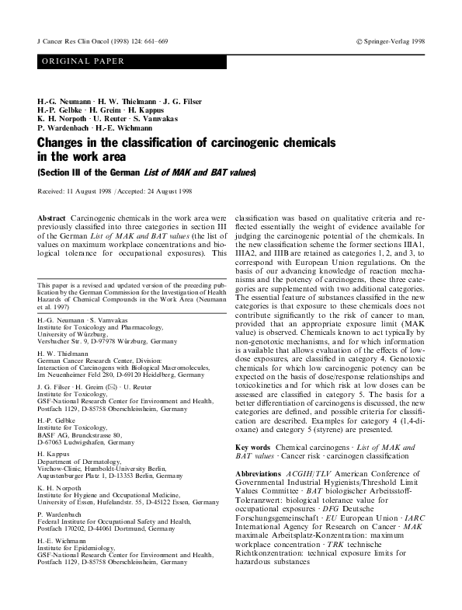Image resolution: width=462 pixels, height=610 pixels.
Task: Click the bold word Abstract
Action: click(x=52, y=211)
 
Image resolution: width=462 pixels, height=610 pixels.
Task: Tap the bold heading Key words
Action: click(x=252, y=469)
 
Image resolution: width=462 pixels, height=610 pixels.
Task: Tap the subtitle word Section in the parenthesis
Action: click(x=56, y=173)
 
